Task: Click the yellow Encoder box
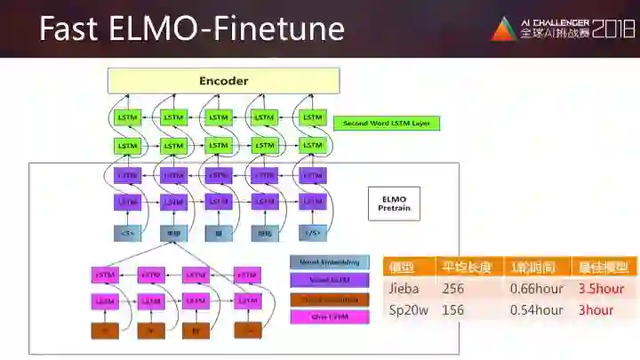(223, 81)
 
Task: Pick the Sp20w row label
(410, 310)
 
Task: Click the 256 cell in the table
(453, 289)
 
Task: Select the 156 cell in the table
(453, 310)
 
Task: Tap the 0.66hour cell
(536, 289)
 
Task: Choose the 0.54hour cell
(536, 310)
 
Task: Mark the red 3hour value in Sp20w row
(596, 310)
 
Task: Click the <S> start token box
(127, 234)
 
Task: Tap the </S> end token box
(312, 234)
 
